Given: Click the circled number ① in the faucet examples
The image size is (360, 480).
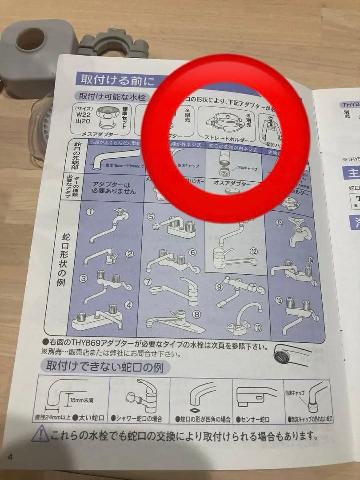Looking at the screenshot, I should click(91, 212).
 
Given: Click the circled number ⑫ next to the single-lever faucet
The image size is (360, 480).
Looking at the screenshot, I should click(253, 252).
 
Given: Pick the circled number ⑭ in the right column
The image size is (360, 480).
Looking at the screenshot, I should click(311, 260).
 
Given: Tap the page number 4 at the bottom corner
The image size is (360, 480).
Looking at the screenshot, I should click(10, 457).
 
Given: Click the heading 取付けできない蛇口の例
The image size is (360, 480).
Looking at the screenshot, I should click(108, 367).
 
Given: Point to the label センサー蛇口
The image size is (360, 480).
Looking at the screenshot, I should click(255, 419).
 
